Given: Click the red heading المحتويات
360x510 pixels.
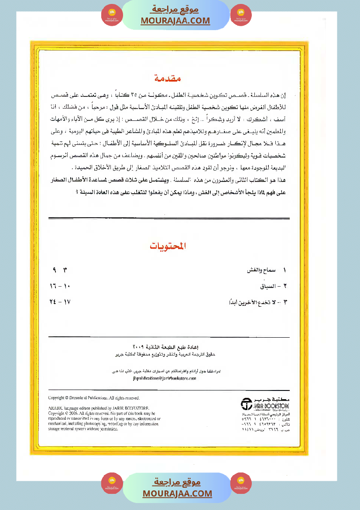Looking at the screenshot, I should pos(168,246).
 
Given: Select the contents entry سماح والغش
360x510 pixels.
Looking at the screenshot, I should pos(262,270).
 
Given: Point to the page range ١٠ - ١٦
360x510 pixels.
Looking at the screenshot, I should pos(60,286).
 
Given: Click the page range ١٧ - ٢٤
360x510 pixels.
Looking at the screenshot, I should pos(60,302).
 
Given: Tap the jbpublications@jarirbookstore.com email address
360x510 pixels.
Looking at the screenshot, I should pos(164,379).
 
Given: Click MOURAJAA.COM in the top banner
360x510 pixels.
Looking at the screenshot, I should pos(175,21).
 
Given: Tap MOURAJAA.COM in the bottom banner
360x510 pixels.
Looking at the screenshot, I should pos(177,493).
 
